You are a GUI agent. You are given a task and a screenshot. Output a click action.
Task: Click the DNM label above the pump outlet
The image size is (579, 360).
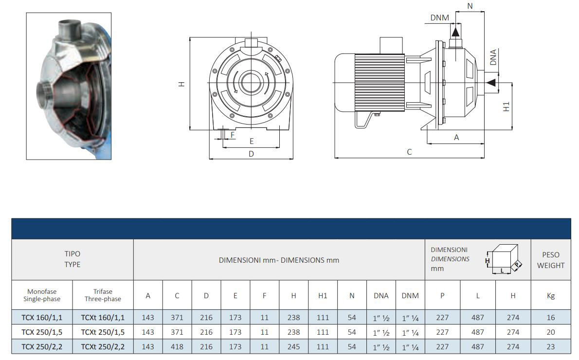click(440, 18)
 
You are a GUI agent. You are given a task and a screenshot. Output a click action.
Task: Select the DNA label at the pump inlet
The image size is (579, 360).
click(493, 57)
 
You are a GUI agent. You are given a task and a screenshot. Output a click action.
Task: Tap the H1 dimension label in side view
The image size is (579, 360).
click(506, 107)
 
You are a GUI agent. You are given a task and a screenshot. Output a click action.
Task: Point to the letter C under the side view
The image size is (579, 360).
click(409, 152)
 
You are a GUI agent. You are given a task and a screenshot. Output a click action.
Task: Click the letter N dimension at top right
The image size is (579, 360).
click(470, 6)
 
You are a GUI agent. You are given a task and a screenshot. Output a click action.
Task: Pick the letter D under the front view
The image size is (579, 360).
click(251, 154)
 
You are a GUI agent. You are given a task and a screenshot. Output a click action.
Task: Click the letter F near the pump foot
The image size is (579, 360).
click(233, 134)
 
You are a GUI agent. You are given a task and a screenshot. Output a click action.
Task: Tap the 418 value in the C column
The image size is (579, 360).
click(177, 347)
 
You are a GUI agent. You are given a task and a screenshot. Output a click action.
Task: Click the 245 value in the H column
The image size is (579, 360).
click(294, 347)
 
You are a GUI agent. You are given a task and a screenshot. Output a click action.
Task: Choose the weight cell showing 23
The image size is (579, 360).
click(550, 347)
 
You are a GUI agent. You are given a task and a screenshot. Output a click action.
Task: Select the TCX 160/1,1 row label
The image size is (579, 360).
click(42, 318)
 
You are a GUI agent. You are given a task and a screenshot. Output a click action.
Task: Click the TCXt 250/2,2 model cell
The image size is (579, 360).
click(103, 347)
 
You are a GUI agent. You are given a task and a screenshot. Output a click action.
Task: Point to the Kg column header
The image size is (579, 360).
click(550, 295)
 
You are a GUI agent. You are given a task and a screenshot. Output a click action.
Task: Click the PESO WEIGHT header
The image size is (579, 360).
click(550, 260)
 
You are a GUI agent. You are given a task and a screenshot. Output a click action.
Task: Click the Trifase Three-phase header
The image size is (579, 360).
click(103, 295)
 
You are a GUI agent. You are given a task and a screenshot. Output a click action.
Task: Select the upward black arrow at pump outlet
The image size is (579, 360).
click(455, 31)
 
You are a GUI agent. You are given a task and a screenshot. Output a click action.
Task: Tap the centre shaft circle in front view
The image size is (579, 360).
click(251, 80)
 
